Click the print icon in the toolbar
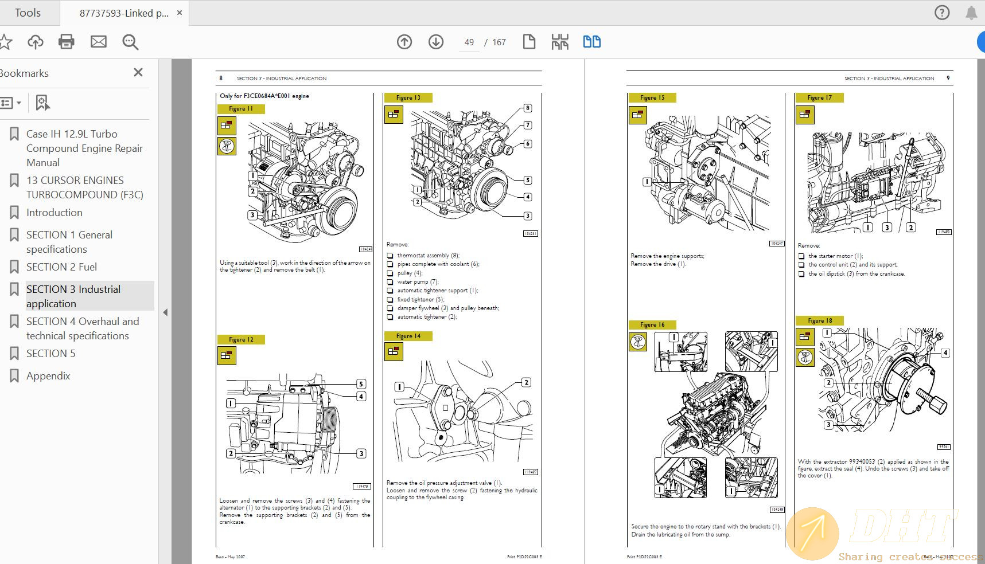67,42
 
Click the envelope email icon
99,42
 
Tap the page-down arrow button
436,42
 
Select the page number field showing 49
469,42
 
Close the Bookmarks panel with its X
138,73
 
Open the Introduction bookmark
54,213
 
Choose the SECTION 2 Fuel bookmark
61,267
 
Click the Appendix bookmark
48,376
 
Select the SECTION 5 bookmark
50,354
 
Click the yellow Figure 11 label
241,109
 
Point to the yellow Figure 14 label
408,336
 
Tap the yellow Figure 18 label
819,321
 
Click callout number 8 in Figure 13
528,108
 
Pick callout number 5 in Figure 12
361,384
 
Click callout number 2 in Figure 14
526,382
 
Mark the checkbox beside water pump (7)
390,282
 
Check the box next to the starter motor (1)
801,256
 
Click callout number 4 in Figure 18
945,353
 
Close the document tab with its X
180,13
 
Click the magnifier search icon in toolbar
130,42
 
